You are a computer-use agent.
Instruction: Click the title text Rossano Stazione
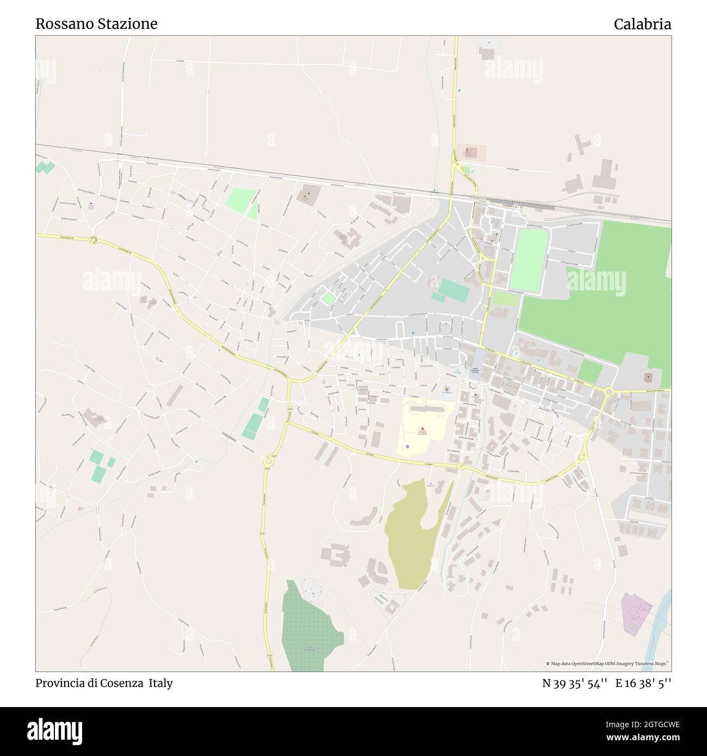[96, 24]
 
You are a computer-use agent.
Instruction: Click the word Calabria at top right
[642, 24]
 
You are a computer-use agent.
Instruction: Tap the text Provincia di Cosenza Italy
[104, 683]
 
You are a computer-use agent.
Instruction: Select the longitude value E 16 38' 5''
[643, 683]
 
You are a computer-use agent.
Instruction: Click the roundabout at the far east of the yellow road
[609, 391]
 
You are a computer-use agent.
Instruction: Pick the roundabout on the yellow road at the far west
[94, 239]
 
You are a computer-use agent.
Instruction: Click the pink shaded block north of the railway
[472, 153]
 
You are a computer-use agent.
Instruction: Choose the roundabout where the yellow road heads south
[268, 462]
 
